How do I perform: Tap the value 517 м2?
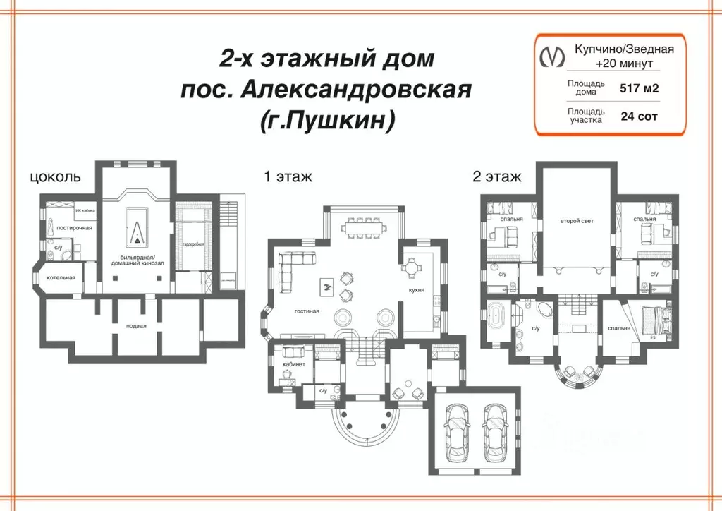point(640,89)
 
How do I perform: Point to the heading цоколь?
point(56,176)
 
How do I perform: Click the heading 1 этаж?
point(288,176)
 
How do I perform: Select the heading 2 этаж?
point(497,176)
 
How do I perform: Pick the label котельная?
point(61,277)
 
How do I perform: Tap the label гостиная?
point(307,311)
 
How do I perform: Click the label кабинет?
point(293,364)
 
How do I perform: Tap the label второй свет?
point(577,221)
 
